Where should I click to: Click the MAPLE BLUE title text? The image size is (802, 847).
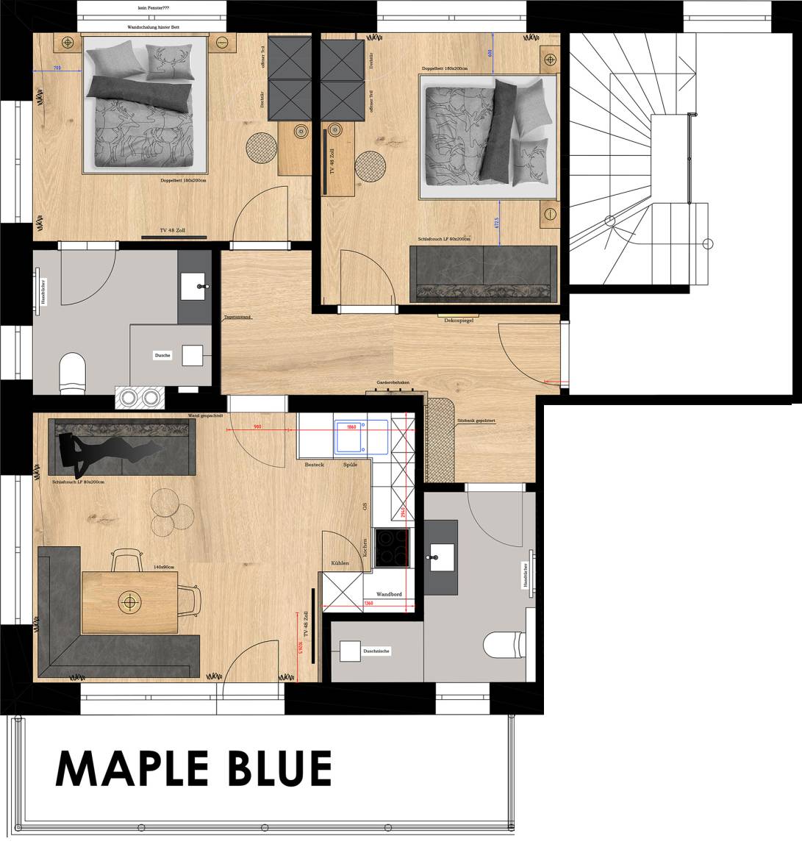click(193, 768)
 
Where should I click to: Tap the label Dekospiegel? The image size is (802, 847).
click(457, 321)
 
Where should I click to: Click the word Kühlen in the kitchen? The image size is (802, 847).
click(340, 563)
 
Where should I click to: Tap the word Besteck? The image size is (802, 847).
click(315, 465)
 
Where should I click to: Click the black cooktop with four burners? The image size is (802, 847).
click(392, 548)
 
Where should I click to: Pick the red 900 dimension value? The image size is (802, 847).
click(257, 426)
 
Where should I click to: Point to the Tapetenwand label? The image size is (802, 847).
click(237, 317)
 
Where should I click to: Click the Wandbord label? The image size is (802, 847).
click(388, 593)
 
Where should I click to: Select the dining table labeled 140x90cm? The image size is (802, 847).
click(131, 601)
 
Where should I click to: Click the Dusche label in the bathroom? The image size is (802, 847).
click(162, 355)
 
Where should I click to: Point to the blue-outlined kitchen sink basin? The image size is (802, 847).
click(351, 435)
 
